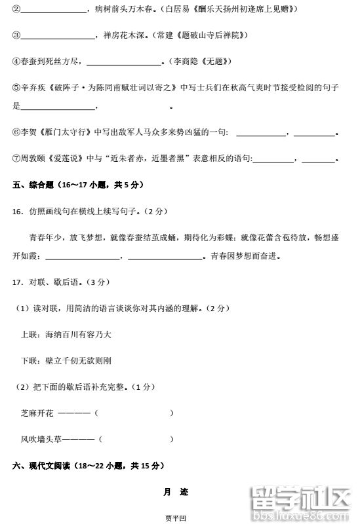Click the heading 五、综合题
(38, 185)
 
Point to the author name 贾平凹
(176, 519)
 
